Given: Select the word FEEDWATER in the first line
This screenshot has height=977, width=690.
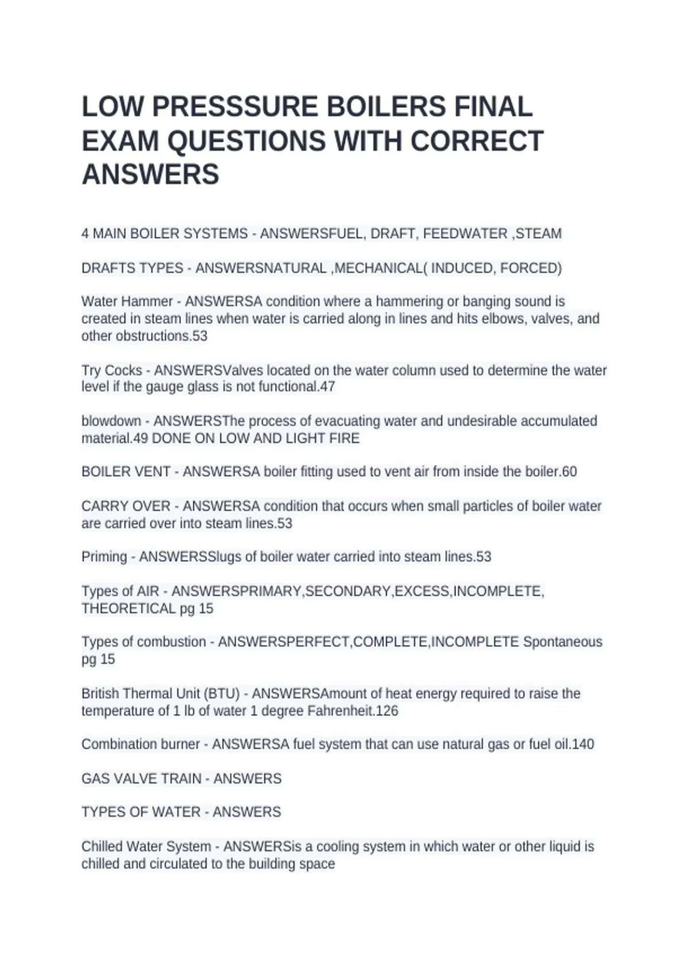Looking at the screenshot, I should click(465, 234).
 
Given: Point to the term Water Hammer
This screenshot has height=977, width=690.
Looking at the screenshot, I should click(127, 302).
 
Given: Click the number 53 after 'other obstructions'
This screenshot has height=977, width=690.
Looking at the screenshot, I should click(200, 336).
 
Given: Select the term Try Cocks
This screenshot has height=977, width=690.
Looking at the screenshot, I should click(112, 371).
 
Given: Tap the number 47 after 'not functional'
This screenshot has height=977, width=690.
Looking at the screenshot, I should click(327, 387).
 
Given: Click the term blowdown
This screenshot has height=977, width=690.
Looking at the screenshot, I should click(111, 421).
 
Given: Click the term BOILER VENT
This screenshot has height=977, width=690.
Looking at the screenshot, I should click(126, 472).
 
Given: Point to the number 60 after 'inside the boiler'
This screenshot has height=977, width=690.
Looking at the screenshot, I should click(569, 472).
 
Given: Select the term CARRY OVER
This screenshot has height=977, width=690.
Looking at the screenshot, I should click(126, 506).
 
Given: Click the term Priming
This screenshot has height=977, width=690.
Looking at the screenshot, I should click(104, 557).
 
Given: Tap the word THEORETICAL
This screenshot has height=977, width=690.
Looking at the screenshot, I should click(128, 609).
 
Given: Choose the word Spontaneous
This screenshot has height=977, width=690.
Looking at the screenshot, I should click(562, 642).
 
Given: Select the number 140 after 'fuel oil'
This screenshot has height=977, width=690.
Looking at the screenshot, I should click(583, 744).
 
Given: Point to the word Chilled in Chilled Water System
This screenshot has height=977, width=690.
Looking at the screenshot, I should click(101, 847).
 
